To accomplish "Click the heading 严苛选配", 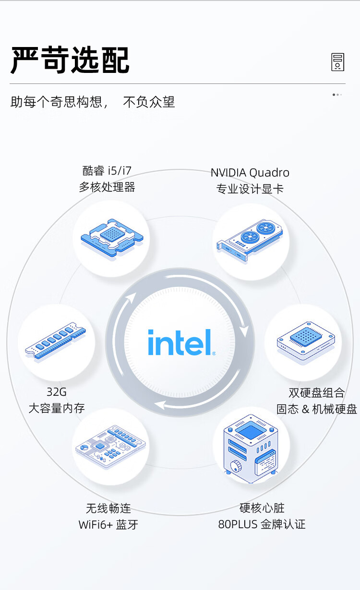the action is [x=70, y=60].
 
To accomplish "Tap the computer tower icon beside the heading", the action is [x=338, y=62].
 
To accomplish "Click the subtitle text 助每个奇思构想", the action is [x=57, y=102].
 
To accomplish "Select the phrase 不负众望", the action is [x=149, y=102].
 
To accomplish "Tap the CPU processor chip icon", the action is [x=111, y=238].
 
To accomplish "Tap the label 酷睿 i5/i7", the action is [x=107, y=170].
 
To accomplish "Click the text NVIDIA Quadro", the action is [x=250, y=173].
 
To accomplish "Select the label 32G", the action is [x=57, y=392].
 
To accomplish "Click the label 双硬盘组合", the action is [x=317, y=393].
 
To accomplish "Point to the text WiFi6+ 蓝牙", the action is [x=108, y=524].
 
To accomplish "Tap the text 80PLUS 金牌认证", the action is [x=262, y=524].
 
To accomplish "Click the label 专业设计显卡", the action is [x=250, y=189].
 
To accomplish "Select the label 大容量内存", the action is [x=57, y=408].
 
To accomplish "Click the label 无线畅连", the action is [x=108, y=508].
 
